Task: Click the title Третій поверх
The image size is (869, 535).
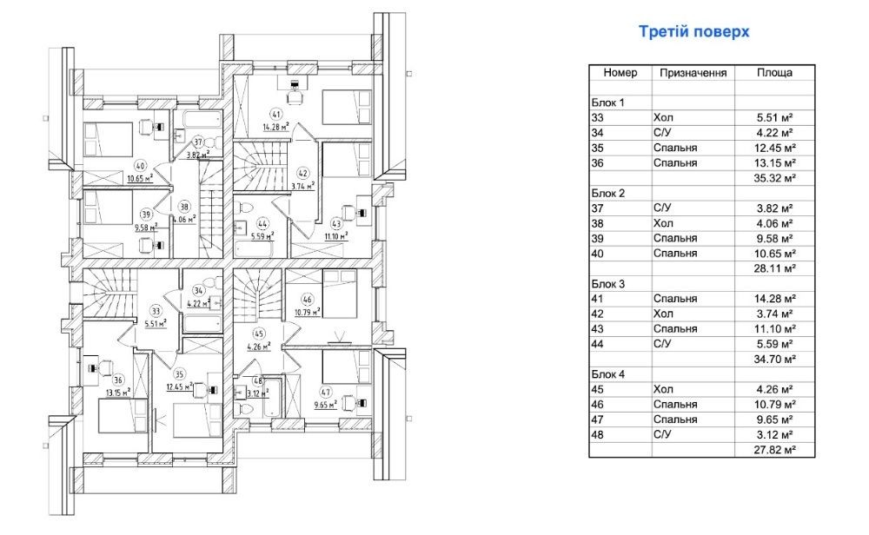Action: tap(693, 33)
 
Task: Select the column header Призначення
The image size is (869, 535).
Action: tap(693, 73)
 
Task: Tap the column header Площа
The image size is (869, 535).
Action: tap(774, 73)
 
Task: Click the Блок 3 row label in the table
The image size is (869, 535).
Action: tap(608, 283)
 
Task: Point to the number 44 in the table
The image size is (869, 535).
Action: tap(597, 344)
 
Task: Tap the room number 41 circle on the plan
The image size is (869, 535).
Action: tap(275, 114)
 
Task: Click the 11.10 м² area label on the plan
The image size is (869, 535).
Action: tap(335, 235)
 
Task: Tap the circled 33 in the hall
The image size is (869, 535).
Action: tap(156, 309)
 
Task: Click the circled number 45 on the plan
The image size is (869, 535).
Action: tap(258, 333)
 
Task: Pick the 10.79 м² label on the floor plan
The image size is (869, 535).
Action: tap(307, 310)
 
